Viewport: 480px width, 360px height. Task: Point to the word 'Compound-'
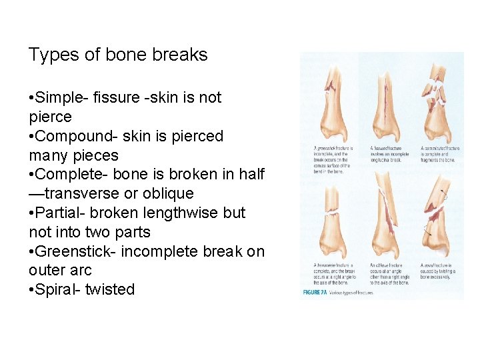[x=77, y=137]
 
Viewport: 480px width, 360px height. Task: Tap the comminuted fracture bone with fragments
[x=437, y=100]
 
